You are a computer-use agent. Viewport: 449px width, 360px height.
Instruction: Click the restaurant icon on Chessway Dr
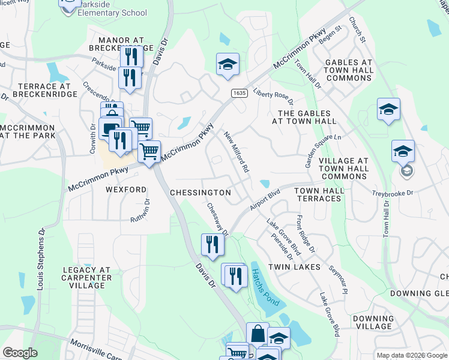coord(212,244)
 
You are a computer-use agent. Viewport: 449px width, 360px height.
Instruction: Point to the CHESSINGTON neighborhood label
coord(200,193)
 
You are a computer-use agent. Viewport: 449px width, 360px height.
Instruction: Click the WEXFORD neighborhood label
coord(126,189)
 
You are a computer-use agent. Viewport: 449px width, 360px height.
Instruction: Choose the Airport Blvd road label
coord(266,200)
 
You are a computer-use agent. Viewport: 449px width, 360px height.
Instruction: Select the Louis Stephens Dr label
coord(41,258)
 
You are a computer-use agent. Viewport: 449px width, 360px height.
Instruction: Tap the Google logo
coord(20,353)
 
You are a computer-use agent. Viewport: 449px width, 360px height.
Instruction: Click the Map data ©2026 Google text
coord(411,355)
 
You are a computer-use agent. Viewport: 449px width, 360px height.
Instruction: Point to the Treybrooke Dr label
coord(393,193)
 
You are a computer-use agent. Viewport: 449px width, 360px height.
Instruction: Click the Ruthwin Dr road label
coord(140,211)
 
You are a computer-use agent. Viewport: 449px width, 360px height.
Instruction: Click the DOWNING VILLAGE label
coord(373,322)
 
